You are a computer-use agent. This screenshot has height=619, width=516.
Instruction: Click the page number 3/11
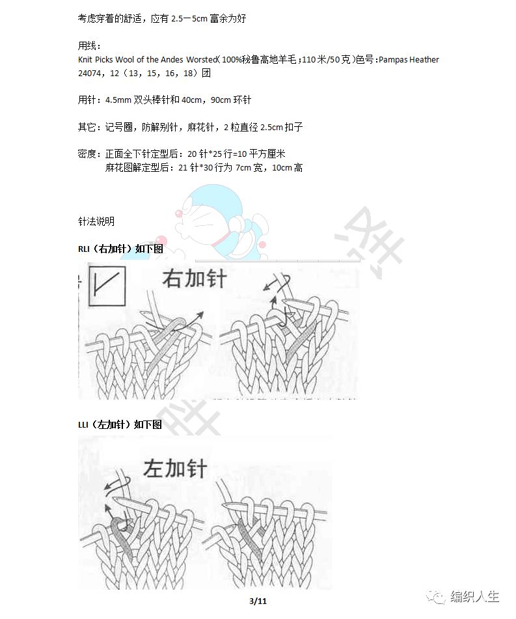click(258, 600)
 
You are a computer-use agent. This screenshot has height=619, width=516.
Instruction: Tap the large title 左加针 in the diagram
click(175, 468)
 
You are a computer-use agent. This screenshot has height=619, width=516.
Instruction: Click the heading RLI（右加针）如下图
click(120, 249)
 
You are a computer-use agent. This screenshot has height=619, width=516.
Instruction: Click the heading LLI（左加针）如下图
click(120, 425)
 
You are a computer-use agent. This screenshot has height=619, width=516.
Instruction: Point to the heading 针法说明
click(96, 221)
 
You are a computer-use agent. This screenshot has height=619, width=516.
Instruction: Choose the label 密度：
click(89, 154)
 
